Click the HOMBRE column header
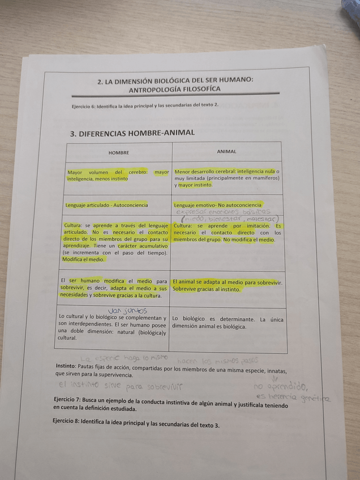tap(118, 153)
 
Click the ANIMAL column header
tap(226, 152)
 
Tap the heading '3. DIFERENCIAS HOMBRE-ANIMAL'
tap(132, 133)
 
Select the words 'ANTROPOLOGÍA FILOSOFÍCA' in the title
tap(175, 89)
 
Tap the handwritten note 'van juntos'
tap(127, 310)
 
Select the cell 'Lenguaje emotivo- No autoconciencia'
tap(218, 204)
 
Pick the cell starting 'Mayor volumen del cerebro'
tap(118, 175)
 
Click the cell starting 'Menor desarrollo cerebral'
tap(226, 178)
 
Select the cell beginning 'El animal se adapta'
tap(227, 285)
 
